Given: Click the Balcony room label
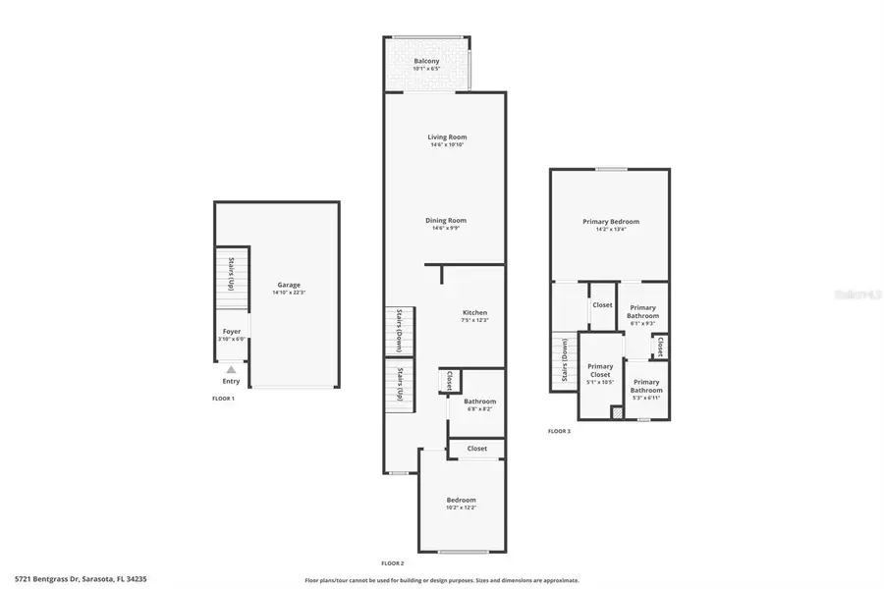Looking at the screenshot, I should [426, 61].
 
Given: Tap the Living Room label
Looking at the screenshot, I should [447, 136].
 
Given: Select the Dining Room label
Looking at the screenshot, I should [446, 221].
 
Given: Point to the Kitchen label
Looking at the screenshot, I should [474, 313].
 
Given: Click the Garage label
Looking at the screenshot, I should [289, 285].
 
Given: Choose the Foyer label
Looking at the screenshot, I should [232, 332].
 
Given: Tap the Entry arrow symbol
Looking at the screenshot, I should [231, 370].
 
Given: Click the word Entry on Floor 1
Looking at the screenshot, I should [231, 381].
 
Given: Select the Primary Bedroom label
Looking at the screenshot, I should [611, 222].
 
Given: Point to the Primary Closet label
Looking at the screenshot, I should [599, 370].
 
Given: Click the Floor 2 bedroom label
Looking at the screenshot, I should [462, 500].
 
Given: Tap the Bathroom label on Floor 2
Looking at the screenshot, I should [480, 402].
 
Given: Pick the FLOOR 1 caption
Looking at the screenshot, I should [224, 399].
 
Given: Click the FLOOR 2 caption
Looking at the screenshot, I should [393, 562].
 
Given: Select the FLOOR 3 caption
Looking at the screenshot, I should [559, 431].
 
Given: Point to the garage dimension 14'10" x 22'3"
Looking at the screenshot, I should [289, 293].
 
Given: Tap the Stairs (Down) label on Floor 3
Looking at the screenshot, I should [565, 362].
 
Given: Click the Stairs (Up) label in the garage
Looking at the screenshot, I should [231, 274].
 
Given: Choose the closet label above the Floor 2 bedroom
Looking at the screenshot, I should [476, 449].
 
